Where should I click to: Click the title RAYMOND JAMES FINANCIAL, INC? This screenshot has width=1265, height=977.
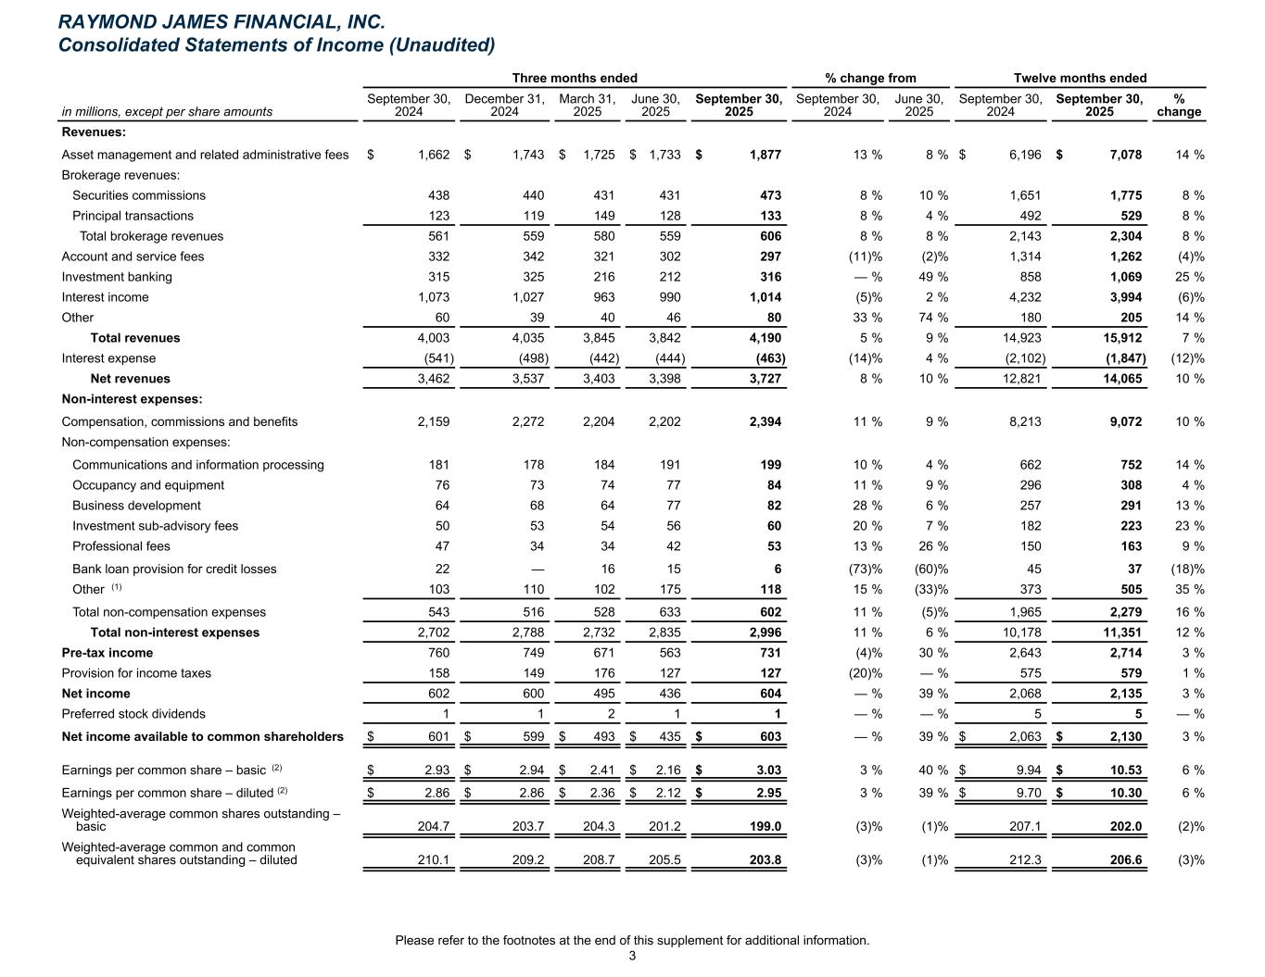[x=221, y=21]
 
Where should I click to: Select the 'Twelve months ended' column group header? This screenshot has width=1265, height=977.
[x=1080, y=79]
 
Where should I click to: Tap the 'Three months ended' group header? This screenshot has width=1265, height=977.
[x=575, y=79]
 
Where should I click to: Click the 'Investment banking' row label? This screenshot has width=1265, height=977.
[x=117, y=277]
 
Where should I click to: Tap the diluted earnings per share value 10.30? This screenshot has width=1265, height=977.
[x=1124, y=793]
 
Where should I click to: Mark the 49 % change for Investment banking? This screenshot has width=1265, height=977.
[x=931, y=277]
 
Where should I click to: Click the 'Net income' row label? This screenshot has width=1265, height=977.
[x=95, y=694]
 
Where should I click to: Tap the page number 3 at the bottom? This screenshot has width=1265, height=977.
[x=632, y=956]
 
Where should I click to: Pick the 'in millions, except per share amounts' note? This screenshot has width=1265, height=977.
[x=167, y=112]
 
